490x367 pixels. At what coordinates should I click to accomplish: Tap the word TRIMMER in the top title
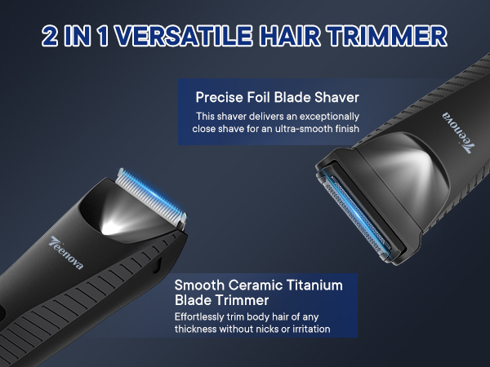[x=390, y=36]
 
